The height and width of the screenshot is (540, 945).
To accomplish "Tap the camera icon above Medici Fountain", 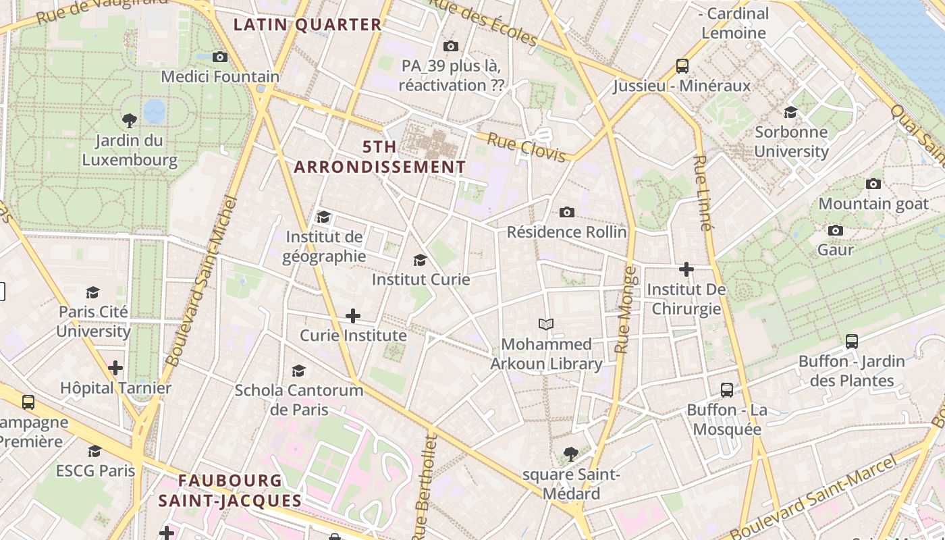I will click(x=220, y=57).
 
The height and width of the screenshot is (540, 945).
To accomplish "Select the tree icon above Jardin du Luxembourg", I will click(x=130, y=121).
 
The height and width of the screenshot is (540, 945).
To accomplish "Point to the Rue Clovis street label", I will click(x=526, y=147).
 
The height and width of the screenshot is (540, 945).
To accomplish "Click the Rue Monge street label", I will click(x=626, y=310).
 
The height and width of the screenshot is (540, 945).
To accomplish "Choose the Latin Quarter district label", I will click(x=308, y=25).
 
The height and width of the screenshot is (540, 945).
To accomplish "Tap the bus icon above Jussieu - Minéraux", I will click(x=682, y=66).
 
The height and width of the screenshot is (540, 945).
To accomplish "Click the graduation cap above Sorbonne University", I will click(x=790, y=112).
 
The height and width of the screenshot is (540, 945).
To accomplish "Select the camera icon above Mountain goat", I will click(x=873, y=184).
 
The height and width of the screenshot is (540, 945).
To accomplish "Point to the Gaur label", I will click(x=836, y=250).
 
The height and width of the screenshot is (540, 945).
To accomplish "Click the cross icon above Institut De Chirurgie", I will click(x=686, y=269).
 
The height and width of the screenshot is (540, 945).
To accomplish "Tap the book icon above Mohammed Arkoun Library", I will click(x=546, y=324).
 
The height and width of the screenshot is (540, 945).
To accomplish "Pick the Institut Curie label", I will click(x=421, y=279).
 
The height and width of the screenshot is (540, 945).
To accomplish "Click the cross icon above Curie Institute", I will click(x=352, y=315).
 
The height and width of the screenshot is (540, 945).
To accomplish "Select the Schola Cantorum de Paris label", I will click(x=299, y=400).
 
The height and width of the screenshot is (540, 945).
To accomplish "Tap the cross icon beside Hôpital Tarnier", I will click(x=115, y=368).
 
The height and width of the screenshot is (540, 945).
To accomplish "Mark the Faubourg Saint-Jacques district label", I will click(x=230, y=491).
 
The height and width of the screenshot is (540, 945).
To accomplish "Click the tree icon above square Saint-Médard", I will click(x=570, y=454).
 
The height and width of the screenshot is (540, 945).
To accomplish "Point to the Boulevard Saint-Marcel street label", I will click(x=814, y=497).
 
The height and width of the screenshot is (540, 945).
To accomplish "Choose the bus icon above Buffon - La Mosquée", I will click(x=727, y=389).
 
